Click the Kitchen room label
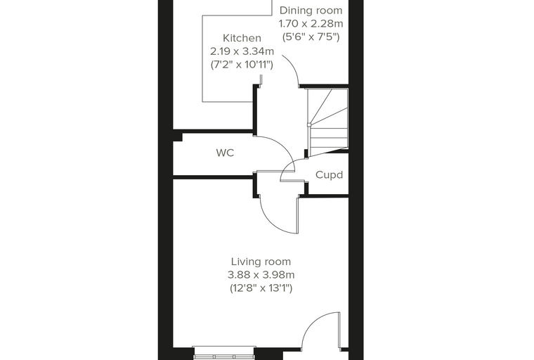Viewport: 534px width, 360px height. pos(242,38)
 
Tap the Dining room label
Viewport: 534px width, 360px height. pos(311,11)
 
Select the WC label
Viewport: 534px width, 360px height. pos(225,153)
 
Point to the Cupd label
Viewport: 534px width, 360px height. pos(329,175)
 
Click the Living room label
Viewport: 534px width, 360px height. pos(261,262)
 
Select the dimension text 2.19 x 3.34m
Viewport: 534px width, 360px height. pos(242,51)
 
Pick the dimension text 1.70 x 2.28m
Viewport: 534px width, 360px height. pos(311,24)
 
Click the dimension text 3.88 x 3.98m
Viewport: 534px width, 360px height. pos(261,275)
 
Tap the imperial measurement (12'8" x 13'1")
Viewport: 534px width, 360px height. pos(261,288)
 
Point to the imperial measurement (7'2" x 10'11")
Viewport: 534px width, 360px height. pos(242,65)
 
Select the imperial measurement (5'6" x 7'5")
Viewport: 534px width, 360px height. pos(311,37)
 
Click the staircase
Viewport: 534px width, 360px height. pos(327,122)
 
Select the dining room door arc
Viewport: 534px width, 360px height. pos(294,67)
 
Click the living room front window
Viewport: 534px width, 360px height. pos(224,353)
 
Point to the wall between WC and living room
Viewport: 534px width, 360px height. pos(213,177)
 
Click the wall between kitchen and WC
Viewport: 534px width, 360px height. pos(213,131)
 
